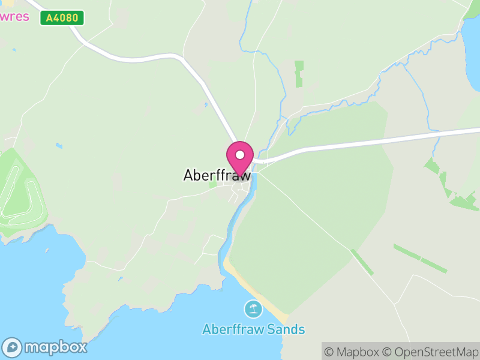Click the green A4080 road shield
click(62, 18)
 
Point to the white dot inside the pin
click(240, 155)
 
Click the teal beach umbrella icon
click(253, 310)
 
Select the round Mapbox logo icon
click(13, 347)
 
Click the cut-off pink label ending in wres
click(14, 16)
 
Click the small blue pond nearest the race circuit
click(58, 146)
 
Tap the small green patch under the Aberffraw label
click(213, 184)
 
